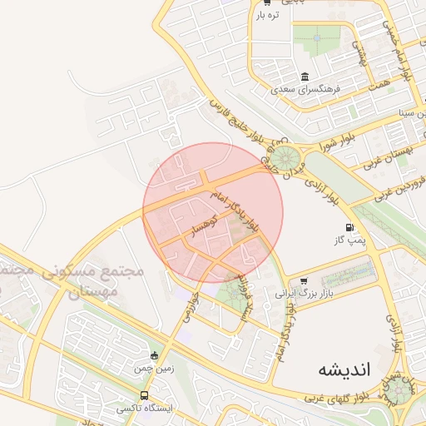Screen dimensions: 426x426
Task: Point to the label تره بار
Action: point(265,15)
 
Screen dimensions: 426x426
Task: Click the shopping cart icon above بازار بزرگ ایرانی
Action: point(303,281)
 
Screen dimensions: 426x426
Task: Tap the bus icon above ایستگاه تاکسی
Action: point(145,395)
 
